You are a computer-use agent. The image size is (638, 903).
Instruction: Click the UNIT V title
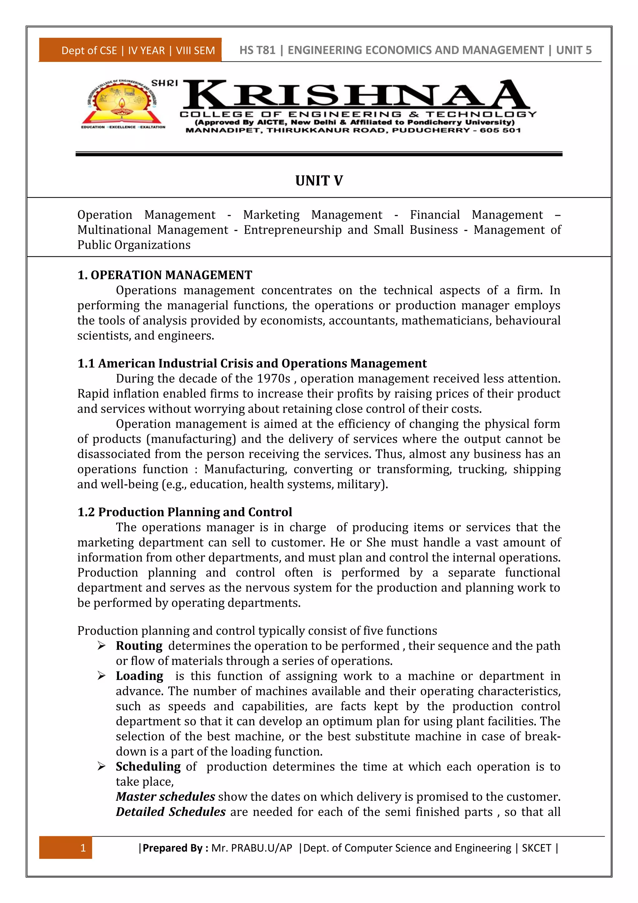pos(319,181)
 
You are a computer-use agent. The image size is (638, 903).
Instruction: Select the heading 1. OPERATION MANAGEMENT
pos(164,275)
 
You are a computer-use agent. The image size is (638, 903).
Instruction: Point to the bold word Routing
pos(139,646)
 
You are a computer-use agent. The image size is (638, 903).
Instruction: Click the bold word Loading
pos(140,676)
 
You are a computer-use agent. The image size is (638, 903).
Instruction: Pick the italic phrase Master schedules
pos(165,797)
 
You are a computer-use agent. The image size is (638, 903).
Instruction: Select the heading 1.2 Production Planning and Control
pos(185,512)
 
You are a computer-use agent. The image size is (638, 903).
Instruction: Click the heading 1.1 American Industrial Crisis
pos(252,363)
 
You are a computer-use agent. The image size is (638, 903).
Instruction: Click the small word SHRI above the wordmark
pos(164,83)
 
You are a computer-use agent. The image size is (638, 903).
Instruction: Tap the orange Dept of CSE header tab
pos(131,50)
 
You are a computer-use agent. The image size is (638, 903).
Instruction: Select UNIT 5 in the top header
pos(574,50)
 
